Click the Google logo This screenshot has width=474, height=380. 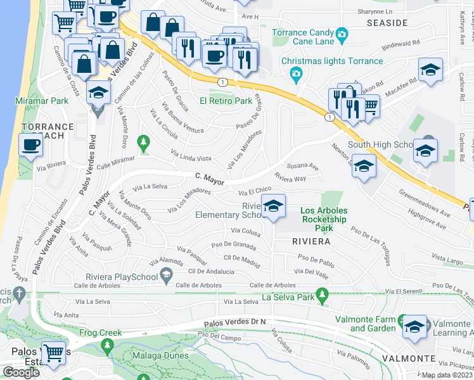[20, 372]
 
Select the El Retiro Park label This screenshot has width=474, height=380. [226, 101]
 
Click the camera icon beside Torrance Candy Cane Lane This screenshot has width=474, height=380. [342, 33]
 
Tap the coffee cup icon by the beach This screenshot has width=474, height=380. [31, 145]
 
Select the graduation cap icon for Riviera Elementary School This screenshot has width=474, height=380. [273, 206]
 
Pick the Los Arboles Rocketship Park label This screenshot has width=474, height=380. [315, 219]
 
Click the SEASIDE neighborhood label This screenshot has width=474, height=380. [387, 23]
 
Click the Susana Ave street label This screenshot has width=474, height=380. [302, 166]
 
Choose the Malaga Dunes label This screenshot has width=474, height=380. [160, 355]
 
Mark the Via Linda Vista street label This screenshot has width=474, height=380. [191, 156]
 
